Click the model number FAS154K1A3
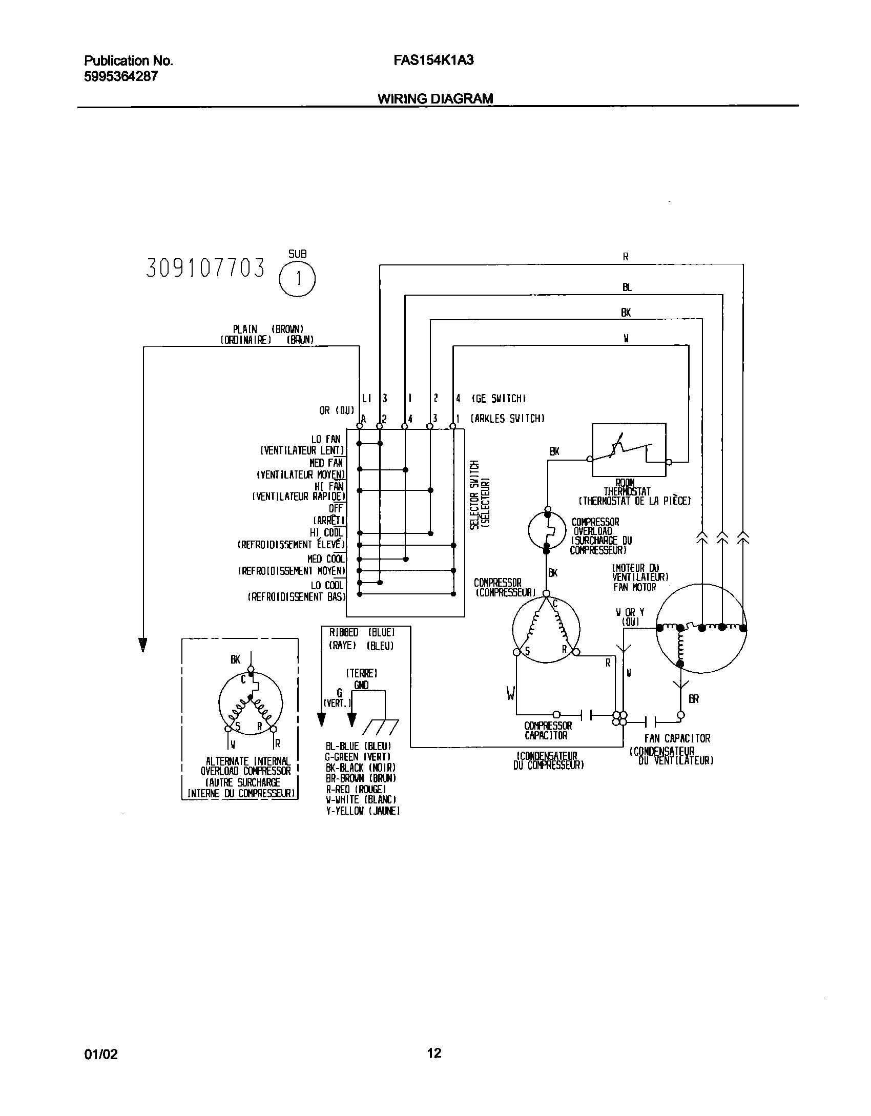coord(433,60)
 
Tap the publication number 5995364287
coord(120,76)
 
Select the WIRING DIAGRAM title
coord(435,98)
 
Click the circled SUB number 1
coord(297,280)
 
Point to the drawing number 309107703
coord(206,268)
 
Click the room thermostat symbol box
coord(629,450)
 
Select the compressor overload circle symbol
coord(547,530)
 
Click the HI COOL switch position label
coord(326,533)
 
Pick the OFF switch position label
coord(336,508)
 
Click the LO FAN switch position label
coord(326,439)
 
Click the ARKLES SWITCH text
coord(507,419)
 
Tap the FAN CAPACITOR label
coord(677,738)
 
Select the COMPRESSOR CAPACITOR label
coord(548,731)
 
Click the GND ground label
coord(361,685)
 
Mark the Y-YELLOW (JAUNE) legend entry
coord(363,811)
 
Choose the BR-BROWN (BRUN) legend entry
coord(361,778)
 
